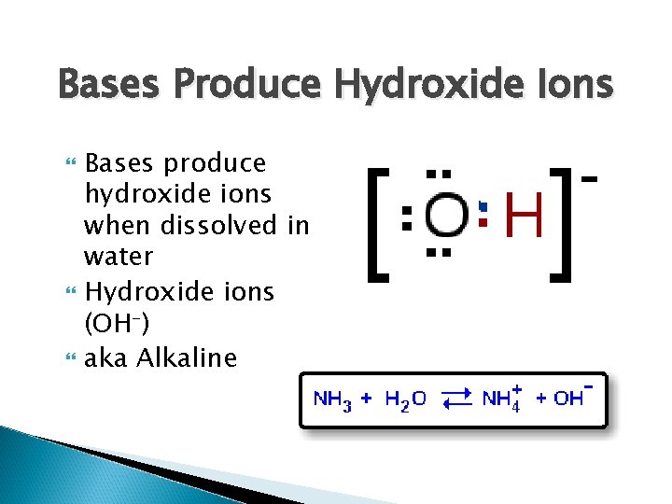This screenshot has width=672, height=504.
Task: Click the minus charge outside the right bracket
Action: tap(589, 176)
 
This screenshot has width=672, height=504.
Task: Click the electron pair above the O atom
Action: tap(439, 175)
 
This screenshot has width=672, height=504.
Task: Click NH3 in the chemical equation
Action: tap(333, 399)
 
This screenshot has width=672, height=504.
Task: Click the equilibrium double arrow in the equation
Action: tap(456, 399)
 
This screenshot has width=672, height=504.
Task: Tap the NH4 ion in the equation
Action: tap(502, 399)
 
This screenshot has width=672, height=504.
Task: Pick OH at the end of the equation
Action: tap(568, 399)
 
